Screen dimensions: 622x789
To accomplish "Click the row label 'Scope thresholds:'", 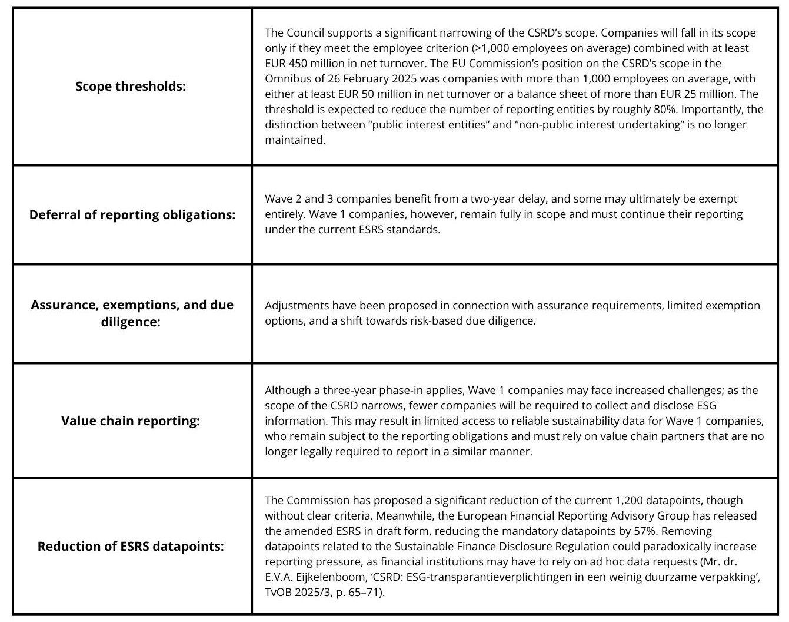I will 130,87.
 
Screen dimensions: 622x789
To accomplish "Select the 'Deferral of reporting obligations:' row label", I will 132,215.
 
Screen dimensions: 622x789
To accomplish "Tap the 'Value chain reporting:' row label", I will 130,421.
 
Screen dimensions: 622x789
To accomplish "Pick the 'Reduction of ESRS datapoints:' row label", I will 131,547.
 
